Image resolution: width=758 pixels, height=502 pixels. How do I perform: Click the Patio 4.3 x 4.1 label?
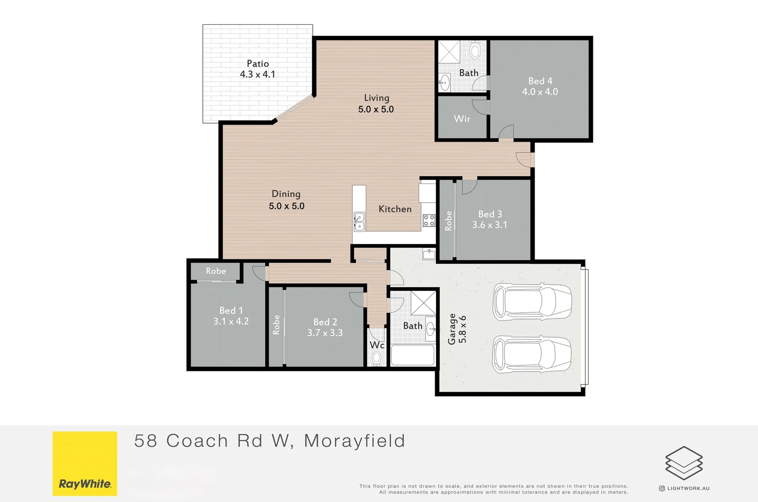pos(258,69)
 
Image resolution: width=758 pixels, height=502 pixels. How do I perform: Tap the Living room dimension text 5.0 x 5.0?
pos(376,109)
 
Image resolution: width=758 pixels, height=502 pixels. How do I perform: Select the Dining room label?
pos(286,194)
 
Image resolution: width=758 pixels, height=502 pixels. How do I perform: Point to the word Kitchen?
pos(395,209)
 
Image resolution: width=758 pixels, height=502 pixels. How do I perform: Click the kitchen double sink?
pos(359,222)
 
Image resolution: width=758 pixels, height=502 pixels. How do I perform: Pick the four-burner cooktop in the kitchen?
pos(429,220)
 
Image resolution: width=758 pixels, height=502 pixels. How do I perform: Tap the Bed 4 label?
pos(540,81)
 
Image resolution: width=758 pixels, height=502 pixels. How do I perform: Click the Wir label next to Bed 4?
pos(462,119)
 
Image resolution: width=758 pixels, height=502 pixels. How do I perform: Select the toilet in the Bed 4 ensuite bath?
pos(475,50)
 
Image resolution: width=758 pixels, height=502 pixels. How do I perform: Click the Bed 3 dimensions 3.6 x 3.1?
pos(490,225)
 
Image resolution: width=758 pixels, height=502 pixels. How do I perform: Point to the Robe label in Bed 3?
pos(449,221)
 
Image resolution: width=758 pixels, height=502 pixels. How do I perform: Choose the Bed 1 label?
pos(231,310)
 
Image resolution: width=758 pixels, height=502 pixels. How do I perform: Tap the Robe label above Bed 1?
pos(216,271)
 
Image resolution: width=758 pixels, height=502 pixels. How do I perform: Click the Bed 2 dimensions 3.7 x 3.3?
pos(325,333)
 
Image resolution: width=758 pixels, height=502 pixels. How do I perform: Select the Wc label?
pos(377,345)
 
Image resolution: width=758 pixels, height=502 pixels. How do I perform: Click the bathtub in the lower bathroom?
pos(413,355)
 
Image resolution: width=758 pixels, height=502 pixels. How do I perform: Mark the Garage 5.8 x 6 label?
pos(457,329)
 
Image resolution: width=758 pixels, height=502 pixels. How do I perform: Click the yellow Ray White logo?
pos(85,463)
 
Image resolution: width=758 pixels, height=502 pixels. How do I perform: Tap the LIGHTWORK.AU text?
pos(688,489)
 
